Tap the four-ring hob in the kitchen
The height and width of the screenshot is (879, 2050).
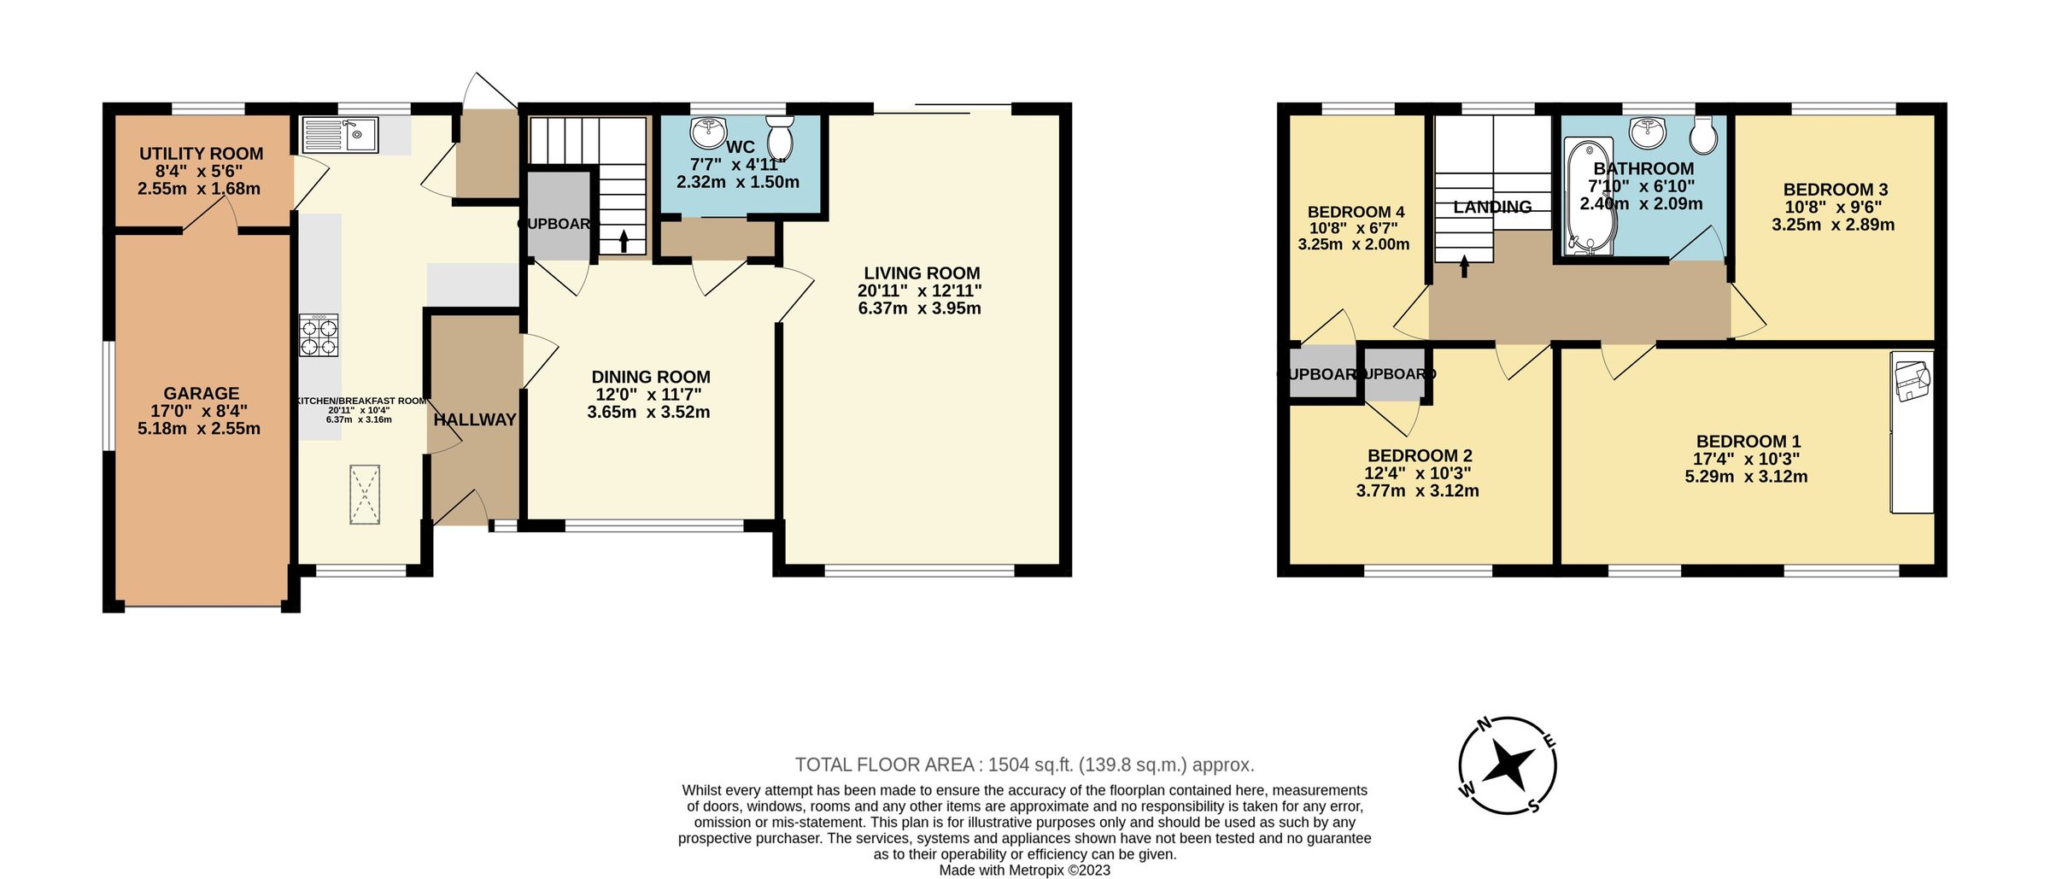pyautogui.click(x=319, y=335)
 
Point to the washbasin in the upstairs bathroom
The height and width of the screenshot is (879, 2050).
pyautogui.click(x=1648, y=132)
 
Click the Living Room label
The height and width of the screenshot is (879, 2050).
pyautogui.click(x=921, y=273)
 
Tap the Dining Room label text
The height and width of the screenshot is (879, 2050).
pyautogui.click(x=650, y=377)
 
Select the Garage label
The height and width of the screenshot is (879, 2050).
pyautogui.click(x=202, y=393)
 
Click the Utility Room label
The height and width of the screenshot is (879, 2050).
pyautogui.click(x=202, y=154)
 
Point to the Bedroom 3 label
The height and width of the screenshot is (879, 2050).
pyautogui.click(x=1834, y=190)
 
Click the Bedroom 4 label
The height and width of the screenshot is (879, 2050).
pyautogui.click(x=1356, y=212)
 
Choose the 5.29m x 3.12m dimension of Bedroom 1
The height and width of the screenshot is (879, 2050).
pyautogui.click(x=1746, y=477)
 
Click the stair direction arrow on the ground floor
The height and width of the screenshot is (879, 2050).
pyautogui.click(x=623, y=241)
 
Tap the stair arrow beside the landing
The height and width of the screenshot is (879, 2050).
pyautogui.click(x=1465, y=267)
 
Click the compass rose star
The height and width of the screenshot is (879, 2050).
pyautogui.click(x=1508, y=764)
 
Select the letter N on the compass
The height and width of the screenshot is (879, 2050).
pyautogui.click(x=1485, y=725)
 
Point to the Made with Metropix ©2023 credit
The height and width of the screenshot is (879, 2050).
pyautogui.click(x=1025, y=870)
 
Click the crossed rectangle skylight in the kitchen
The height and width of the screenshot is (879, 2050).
pyautogui.click(x=365, y=495)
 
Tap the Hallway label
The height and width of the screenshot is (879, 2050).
pyautogui.click(x=475, y=419)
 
